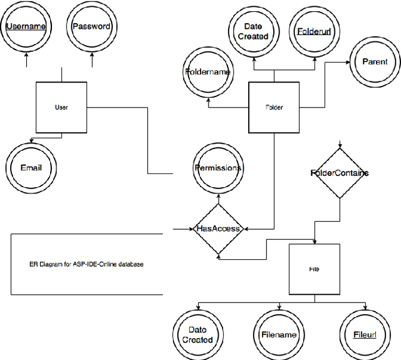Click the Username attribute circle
click(26, 26)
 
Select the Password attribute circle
click(91, 26)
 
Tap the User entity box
click(61, 108)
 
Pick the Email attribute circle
click(31, 168)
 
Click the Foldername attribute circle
click(208, 72)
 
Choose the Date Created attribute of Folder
click(253, 31)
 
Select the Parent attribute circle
click(375, 62)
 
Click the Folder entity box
click(274, 107)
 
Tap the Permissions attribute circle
click(217, 168)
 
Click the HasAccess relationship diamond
click(218, 229)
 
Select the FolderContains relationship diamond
click(340, 173)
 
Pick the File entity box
click(315, 269)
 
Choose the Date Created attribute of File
click(197, 334)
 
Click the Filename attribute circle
click(278, 334)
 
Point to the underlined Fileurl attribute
click(364, 334)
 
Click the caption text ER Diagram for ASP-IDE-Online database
click(86, 264)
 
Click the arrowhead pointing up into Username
click(26, 54)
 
